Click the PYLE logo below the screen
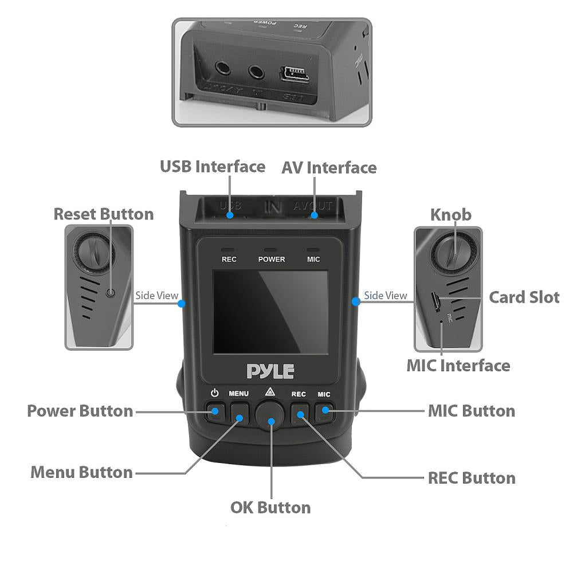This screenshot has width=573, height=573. [x=270, y=371]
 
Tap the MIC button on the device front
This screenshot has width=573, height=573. [x=324, y=410]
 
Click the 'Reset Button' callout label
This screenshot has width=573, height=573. [x=104, y=214]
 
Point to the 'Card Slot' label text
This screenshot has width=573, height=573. [x=524, y=297]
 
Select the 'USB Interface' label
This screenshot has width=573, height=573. [x=213, y=167]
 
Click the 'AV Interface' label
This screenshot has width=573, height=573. [x=329, y=168]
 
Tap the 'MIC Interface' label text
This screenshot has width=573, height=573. [x=458, y=365]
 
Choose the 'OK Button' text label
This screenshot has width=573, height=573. [x=270, y=507]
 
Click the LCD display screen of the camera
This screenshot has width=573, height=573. [x=270, y=312]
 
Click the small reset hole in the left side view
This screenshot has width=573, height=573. [x=111, y=293]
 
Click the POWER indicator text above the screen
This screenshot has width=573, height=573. [x=272, y=259]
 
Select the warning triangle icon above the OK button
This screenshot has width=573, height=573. [x=270, y=393]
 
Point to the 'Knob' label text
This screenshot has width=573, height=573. [x=451, y=214]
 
